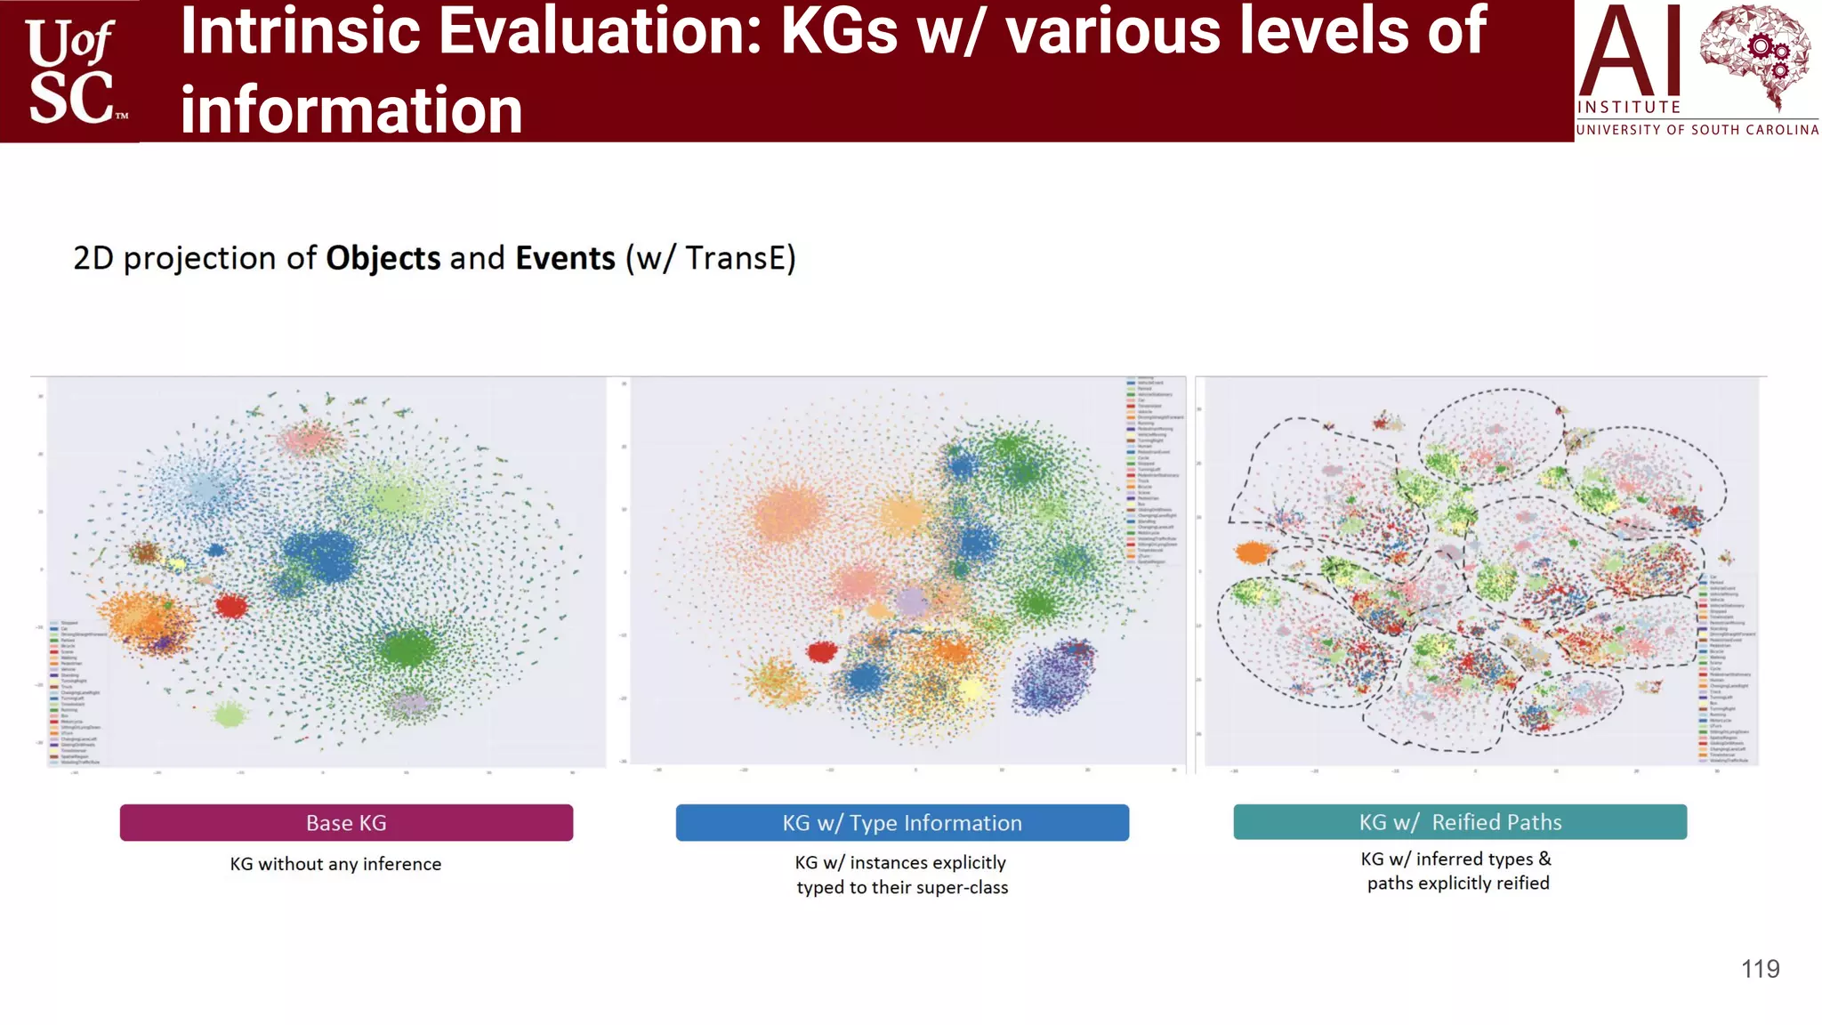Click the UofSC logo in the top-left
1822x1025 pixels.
click(71, 71)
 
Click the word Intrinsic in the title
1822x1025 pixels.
click(299, 32)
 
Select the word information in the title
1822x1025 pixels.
click(351, 111)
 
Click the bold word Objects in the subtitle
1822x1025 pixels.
click(383, 258)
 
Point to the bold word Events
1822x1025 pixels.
click(565, 258)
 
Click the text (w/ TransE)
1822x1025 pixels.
click(710, 258)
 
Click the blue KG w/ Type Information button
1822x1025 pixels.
click(902, 823)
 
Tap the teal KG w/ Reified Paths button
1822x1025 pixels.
click(1459, 822)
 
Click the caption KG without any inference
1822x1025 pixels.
click(335, 864)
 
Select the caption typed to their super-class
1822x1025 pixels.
click(902, 888)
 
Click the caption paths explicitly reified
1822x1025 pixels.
click(1458, 884)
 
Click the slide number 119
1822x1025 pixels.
click(1760, 969)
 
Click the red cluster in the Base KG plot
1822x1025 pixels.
click(231, 606)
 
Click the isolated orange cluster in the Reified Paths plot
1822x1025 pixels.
click(1253, 553)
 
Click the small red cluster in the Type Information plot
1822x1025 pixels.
click(821, 652)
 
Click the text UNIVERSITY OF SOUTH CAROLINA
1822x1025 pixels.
click(1697, 130)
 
